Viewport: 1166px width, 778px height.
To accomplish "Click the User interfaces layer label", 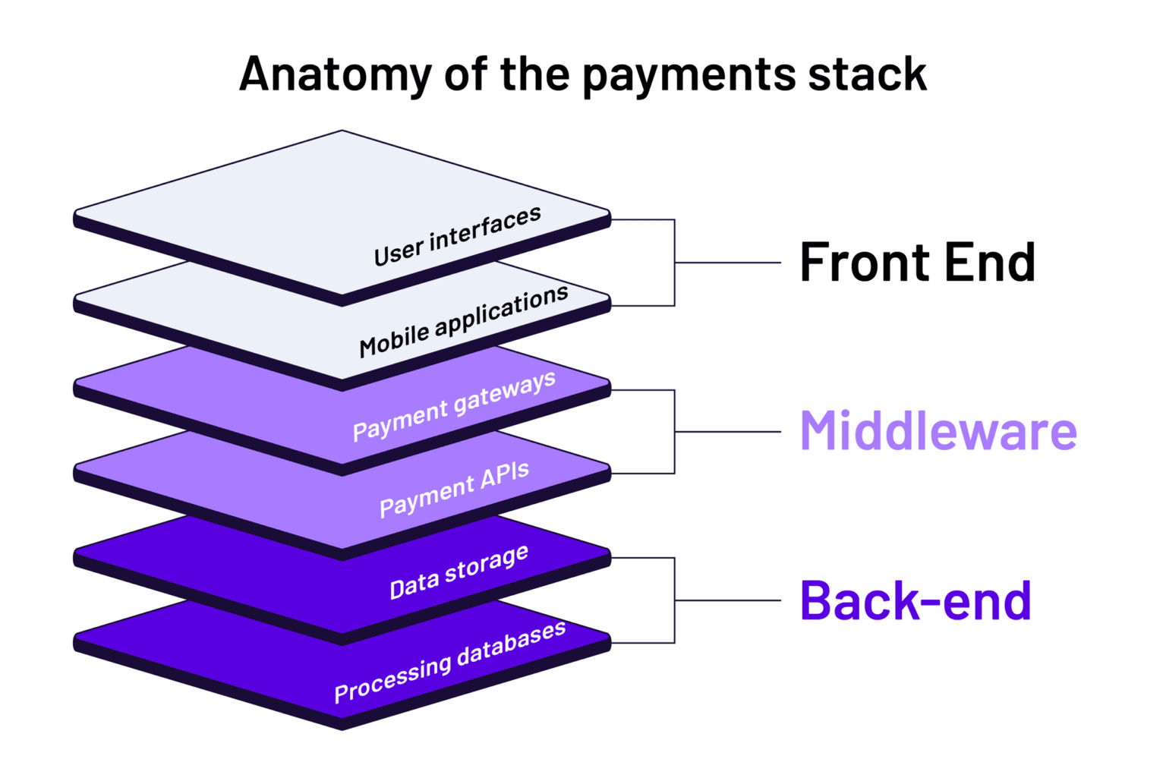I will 458,236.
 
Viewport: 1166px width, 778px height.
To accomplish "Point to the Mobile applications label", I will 464,321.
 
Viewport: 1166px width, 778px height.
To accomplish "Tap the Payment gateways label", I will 454,406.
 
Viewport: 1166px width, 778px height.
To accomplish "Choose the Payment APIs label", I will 454,490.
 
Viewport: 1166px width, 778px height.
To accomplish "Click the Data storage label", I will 459,572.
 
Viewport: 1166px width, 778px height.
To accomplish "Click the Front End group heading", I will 917,263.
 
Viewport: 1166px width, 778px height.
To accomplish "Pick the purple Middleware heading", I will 938,431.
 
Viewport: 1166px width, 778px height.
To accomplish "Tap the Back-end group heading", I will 915,600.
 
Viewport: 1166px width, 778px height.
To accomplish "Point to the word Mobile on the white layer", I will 394,341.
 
